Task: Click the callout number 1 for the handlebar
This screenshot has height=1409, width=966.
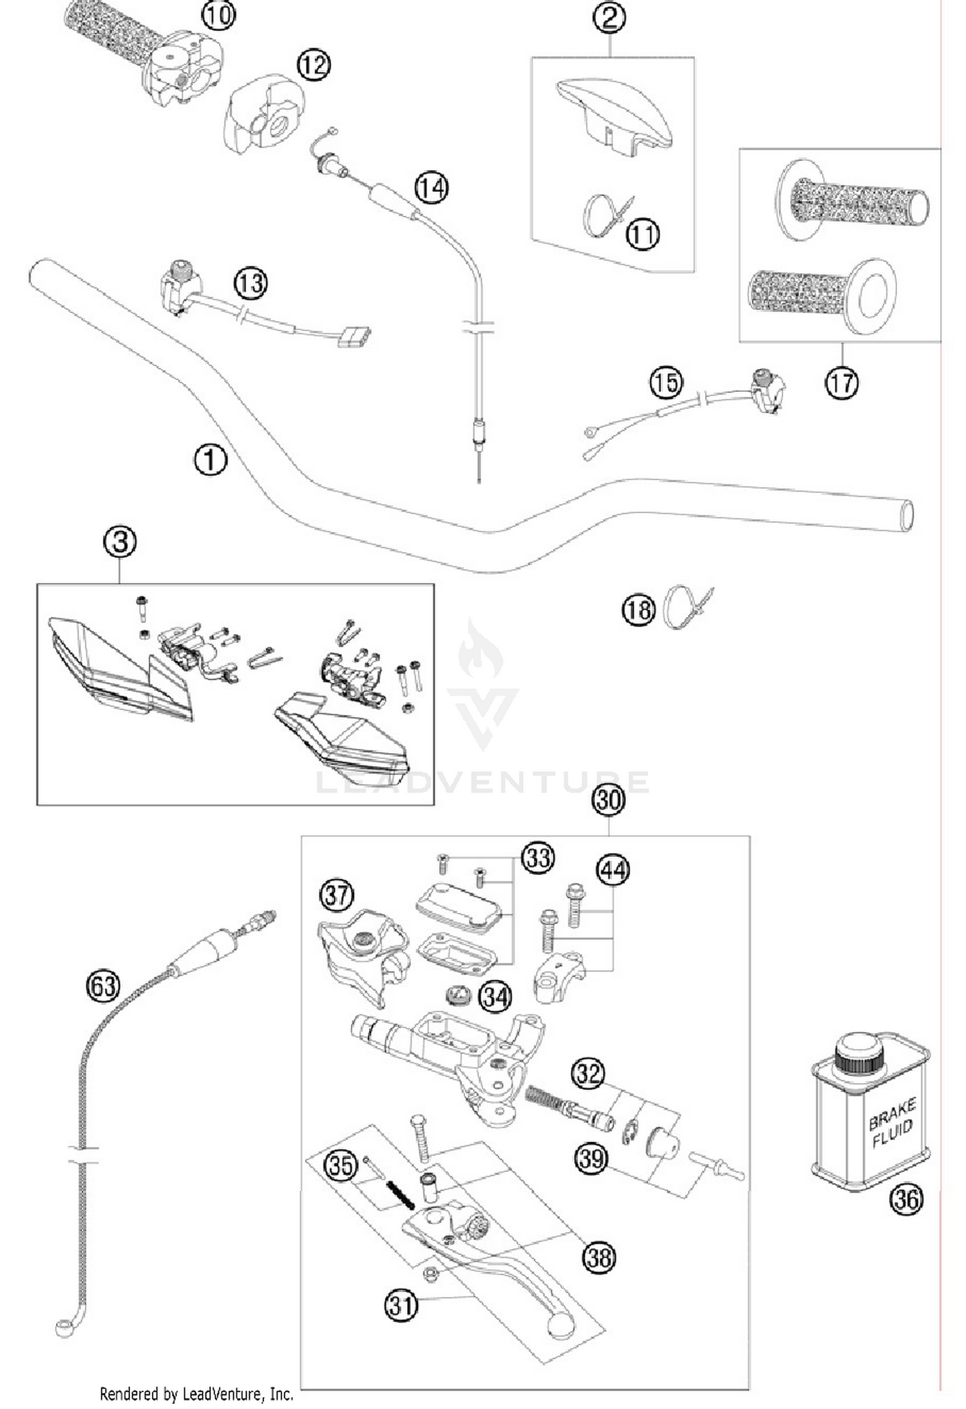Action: tap(210, 460)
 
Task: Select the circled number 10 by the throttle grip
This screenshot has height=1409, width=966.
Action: tap(218, 14)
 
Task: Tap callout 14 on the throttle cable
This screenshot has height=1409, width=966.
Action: tap(431, 187)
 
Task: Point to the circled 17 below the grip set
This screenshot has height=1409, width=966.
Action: tap(842, 383)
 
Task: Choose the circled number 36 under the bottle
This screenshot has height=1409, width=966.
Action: tap(906, 1199)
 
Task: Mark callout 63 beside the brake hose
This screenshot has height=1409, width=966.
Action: tap(103, 986)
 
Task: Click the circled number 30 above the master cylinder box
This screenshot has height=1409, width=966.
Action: tap(609, 800)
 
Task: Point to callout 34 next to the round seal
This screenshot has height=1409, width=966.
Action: tap(496, 997)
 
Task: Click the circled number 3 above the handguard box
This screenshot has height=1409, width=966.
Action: tap(120, 542)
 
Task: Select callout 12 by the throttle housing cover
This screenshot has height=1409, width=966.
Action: tap(314, 65)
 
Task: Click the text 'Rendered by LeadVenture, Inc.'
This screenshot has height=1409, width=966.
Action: tap(196, 1394)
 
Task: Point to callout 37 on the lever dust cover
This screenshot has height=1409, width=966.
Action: tap(337, 895)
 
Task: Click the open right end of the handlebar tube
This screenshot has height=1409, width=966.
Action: tap(906, 515)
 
